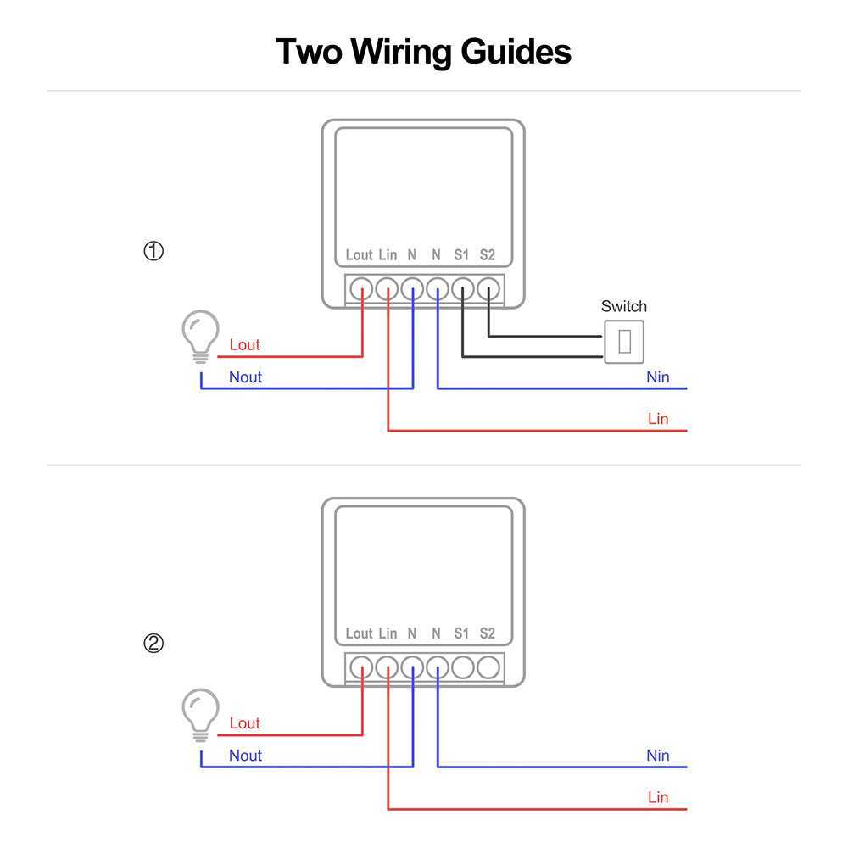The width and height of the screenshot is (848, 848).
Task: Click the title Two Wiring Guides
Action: [x=424, y=52]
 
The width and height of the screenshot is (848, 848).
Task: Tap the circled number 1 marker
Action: [x=153, y=252]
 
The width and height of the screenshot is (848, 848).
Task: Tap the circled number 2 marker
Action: [x=153, y=644]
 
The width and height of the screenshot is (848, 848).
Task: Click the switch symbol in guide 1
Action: [x=624, y=342]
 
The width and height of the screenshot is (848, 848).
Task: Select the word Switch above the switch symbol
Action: [x=623, y=306]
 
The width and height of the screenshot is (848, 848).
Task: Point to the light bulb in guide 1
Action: [x=201, y=335]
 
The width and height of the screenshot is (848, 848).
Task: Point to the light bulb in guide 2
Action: [x=201, y=713]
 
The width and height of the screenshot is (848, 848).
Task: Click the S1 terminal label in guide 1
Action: [x=461, y=254]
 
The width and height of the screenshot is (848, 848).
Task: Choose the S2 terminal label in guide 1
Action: [x=487, y=254]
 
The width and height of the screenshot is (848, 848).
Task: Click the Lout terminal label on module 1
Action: [x=359, y=254]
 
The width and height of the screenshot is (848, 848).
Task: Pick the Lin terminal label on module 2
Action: [x=388, y=633]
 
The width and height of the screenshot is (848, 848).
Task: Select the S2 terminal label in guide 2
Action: [x=487, y=633]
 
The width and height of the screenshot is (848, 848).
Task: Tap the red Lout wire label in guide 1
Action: [x=244, y=345]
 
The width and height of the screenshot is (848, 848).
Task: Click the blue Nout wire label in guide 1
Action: [x=245, y=377]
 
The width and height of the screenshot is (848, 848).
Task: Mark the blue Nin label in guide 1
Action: [x=657, y=377]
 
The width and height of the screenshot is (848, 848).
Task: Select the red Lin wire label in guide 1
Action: [x=657, y=419]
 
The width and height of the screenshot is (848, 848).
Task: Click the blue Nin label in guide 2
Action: [x=657, y=756]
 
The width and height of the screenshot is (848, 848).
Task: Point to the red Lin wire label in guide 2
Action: [x=657, y=797]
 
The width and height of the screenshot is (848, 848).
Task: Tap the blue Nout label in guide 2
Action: [x=245, y=756]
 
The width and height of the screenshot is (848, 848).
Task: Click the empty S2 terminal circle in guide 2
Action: [x=488, y=667]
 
